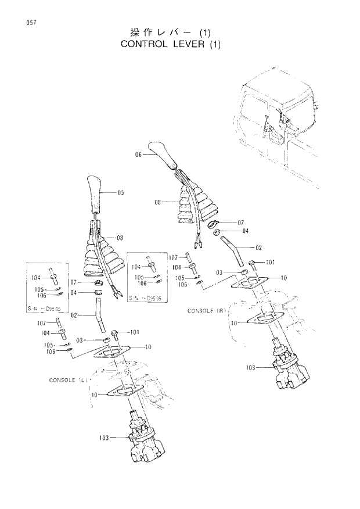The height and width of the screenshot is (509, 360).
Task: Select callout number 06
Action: click(x=139, y=155)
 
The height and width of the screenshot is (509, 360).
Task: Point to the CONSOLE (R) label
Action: click(x=206, y=311)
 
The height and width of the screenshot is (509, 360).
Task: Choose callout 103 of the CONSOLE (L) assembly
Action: click(x=105, y=436)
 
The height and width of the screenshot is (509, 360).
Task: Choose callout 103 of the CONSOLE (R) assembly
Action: click(x=250, y=367)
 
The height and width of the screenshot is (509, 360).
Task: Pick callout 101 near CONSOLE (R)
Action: click(x=269, y=263)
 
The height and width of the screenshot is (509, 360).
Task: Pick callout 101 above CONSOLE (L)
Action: click(x=134, y=332)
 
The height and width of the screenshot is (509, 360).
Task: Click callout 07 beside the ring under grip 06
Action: click(x=241, y=223)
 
